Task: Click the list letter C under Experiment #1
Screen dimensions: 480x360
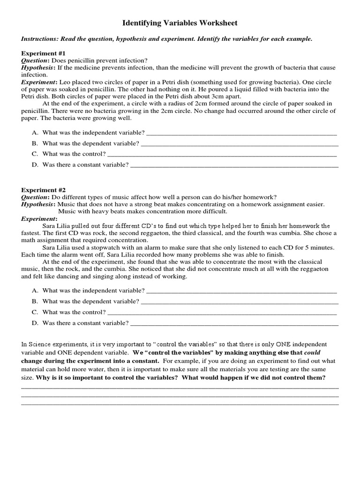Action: (35, 154)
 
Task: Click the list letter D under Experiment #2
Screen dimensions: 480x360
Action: (35, 323)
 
